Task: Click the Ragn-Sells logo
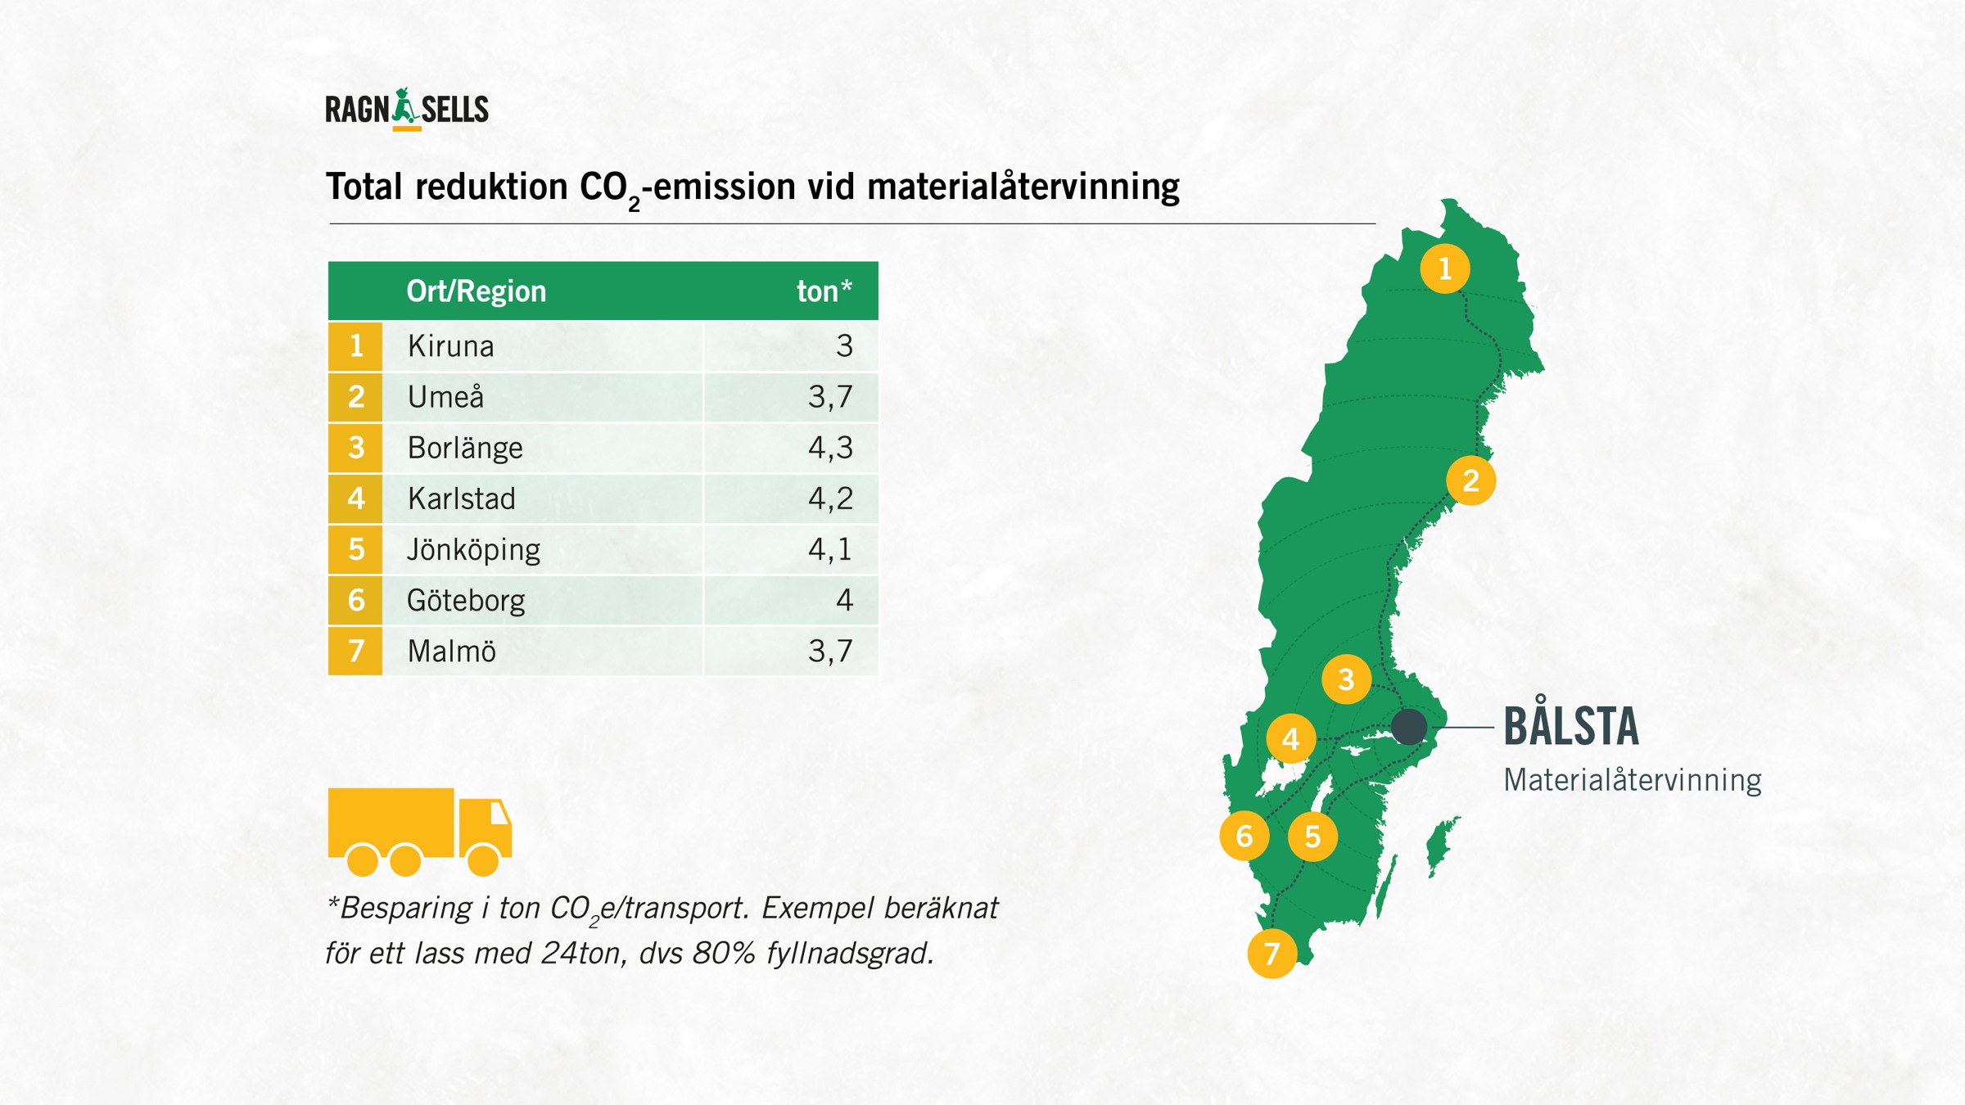407,110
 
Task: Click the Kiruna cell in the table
451,346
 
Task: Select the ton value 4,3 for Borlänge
830,448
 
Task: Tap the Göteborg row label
466,601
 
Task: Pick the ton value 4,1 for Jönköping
830,549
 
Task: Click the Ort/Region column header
476,291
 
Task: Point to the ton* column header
824,291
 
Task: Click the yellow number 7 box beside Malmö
355,652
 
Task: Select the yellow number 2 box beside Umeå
355,397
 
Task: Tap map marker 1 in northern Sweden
1444,268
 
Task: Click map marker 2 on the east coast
1470,480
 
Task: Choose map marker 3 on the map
1346,679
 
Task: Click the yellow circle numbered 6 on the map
1244,836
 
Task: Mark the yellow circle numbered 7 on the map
1272,953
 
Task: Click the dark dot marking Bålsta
1409,726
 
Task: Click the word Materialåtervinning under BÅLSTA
1632,780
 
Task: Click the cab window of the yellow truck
499,814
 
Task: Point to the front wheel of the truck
483,859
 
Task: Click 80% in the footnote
723,954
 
